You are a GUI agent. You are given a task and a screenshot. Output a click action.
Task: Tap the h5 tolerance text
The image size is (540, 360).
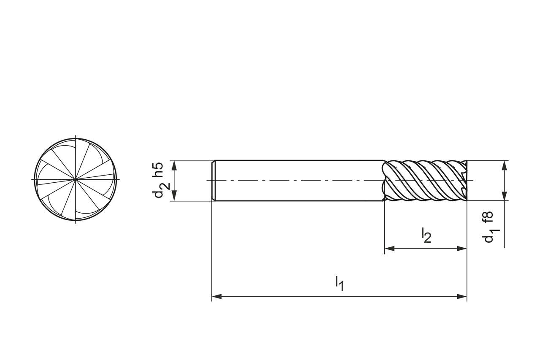pyautogui.click(x=158, y=170)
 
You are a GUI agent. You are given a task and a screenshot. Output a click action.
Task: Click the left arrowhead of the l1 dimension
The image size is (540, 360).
pyautogui.click(x=216, y=297)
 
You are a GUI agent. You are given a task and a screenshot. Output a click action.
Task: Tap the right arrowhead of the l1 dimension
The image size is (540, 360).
pyautogui.click(x=462, y=297)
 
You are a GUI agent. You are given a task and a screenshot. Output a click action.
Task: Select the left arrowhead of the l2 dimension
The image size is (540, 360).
pyautogui.click(x=389, y=248)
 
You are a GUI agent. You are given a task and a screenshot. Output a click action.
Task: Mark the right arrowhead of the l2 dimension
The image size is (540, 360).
pyautogui.click(x=462, y=248)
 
